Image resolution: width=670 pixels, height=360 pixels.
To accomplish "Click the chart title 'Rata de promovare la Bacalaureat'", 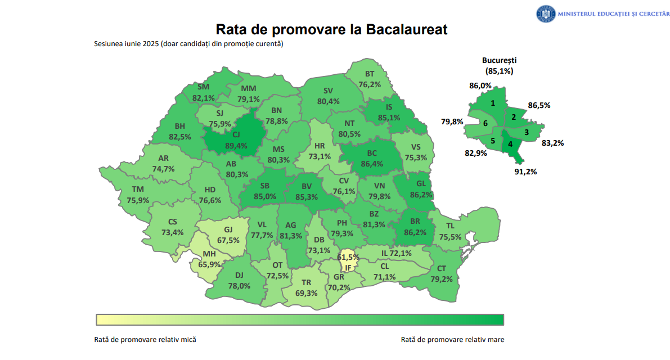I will (331, 29).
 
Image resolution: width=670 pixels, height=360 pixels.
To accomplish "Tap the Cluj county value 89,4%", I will (236, 146).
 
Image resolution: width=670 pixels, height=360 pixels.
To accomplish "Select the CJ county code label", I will (236, 134).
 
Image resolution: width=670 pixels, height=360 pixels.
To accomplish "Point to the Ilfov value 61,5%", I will (348, 257).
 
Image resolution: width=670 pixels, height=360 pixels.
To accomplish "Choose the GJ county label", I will (228, 229).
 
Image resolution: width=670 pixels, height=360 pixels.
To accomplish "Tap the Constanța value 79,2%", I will (442, 278).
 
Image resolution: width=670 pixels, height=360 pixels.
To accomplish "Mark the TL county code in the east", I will (450, 226).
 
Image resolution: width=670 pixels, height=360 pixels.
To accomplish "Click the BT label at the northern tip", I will (370, 74).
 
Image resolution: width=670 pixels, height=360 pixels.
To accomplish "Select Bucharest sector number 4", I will (510, 143).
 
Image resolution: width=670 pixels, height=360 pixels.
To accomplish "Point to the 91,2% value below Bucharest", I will (525, 172).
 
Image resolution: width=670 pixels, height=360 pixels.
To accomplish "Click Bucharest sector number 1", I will (493, 103).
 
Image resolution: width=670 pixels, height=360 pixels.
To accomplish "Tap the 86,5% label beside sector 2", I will (539, 105).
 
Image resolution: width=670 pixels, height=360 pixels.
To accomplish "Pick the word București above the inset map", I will (499, 60).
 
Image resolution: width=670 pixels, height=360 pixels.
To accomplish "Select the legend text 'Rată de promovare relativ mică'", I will (145, 340).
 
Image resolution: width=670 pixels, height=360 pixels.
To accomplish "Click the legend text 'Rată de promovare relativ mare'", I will (452, 340).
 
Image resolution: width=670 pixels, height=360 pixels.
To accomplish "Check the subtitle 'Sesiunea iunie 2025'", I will (127, 44).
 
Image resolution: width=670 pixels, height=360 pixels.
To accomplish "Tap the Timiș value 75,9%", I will (138, 200).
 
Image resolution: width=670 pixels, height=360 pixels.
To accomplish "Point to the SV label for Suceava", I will (329, 91).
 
